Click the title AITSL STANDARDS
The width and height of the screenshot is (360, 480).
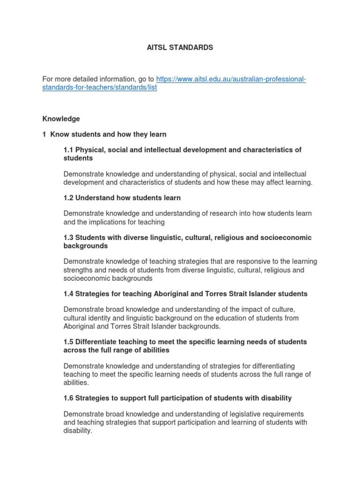pyautogui.click(x=180, y=47)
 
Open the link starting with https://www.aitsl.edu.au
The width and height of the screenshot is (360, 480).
pyautogui.click(x=231, y=79)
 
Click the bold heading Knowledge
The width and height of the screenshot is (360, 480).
pyautogui.click(x=61, y=119)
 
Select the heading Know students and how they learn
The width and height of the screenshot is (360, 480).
pyautogui.click(x=108, y=135)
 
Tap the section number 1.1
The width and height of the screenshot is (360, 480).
pyautogui.click(x=68, y=150)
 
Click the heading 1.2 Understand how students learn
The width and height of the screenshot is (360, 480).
pyautogui.click(x=122, y=198)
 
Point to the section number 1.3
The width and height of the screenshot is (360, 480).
pyautogui.click(x=68, y=238)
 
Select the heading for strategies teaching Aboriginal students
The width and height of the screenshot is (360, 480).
pyautogui.click(x=185, y=294)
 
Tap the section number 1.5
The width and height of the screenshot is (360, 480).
pyautogui.click(x=68, y=342)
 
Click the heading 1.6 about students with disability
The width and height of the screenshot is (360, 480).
pyautogui.click(x=177, y=398)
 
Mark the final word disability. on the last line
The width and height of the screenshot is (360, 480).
pyautogui.click(x=78, y=431)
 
